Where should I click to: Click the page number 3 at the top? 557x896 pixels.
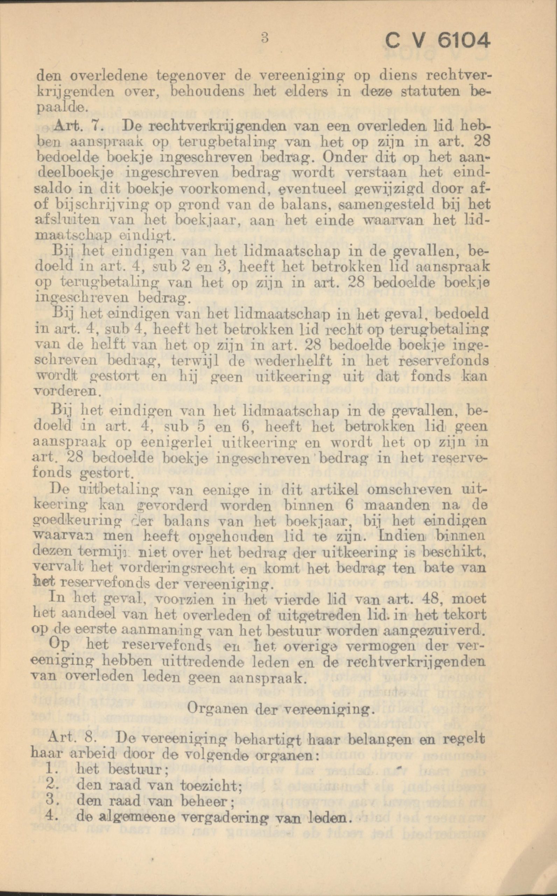click(x=263, y=38)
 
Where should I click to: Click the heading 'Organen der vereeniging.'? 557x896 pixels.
click(x=278, y=708)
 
